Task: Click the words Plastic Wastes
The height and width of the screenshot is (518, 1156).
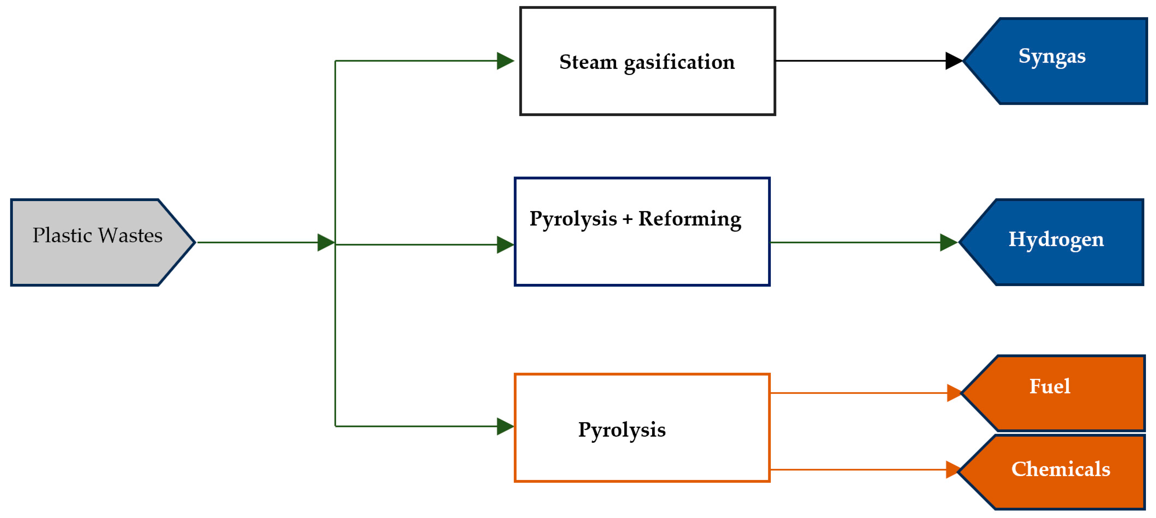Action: point(97,235)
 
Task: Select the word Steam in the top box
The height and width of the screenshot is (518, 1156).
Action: point(588,62)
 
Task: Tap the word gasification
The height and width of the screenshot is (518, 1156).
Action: point(680,62)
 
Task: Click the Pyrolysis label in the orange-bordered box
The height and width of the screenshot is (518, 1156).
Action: point(622,430)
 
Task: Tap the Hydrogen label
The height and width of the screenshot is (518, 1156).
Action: point(1056,239)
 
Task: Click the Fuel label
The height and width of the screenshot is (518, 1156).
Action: point(1049,386)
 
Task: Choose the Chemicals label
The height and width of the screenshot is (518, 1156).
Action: point(1060,469)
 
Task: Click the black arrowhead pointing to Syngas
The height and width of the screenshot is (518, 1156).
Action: point(953,61)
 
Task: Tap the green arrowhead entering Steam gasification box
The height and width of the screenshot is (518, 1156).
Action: point(505,61)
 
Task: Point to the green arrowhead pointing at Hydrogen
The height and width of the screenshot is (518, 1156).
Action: point(948,242)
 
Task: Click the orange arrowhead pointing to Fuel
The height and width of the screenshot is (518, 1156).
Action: point(953,393)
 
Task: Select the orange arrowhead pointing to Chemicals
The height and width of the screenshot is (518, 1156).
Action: point(952,470)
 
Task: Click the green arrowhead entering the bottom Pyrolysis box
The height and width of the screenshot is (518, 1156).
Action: point(505,426)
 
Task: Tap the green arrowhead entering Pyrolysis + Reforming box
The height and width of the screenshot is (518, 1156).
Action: point(505,245)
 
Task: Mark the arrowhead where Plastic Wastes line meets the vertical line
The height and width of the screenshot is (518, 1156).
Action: point(325,242)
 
